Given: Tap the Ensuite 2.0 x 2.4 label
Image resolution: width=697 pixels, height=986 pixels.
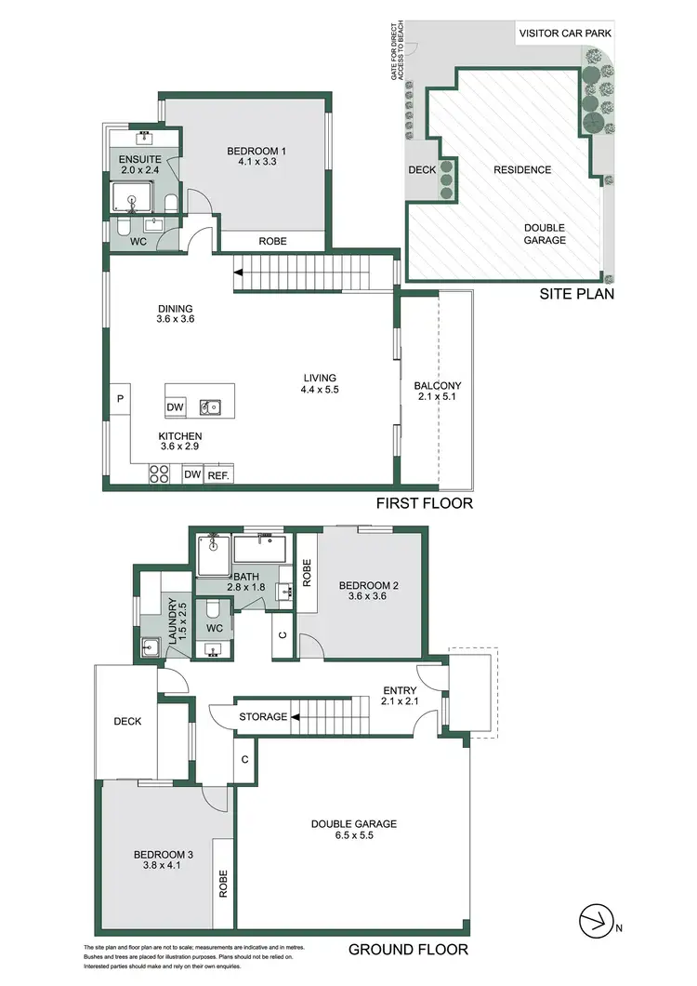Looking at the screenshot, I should point(139,165).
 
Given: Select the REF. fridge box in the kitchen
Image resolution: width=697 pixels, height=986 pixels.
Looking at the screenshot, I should point(218,475).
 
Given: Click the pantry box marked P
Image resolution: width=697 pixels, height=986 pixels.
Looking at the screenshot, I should point(120,399).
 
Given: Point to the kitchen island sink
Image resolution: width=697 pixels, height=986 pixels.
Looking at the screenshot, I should point(213,406).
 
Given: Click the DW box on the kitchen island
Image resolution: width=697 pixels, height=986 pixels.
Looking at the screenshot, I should point(176,406).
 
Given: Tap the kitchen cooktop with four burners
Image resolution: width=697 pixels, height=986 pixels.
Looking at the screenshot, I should point(158,474).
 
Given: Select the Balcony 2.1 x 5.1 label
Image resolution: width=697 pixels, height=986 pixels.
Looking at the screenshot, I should point(437,392).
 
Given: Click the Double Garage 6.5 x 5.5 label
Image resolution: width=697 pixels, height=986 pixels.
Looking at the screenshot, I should point(354,830).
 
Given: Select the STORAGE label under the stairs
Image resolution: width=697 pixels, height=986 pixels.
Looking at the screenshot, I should point(261,717).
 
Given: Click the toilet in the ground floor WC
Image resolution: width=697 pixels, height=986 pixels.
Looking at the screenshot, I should point(213,610).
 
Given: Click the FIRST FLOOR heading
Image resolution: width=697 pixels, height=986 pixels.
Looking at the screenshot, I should point(425,503).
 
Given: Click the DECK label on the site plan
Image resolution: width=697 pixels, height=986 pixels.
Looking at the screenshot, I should point(423,170).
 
